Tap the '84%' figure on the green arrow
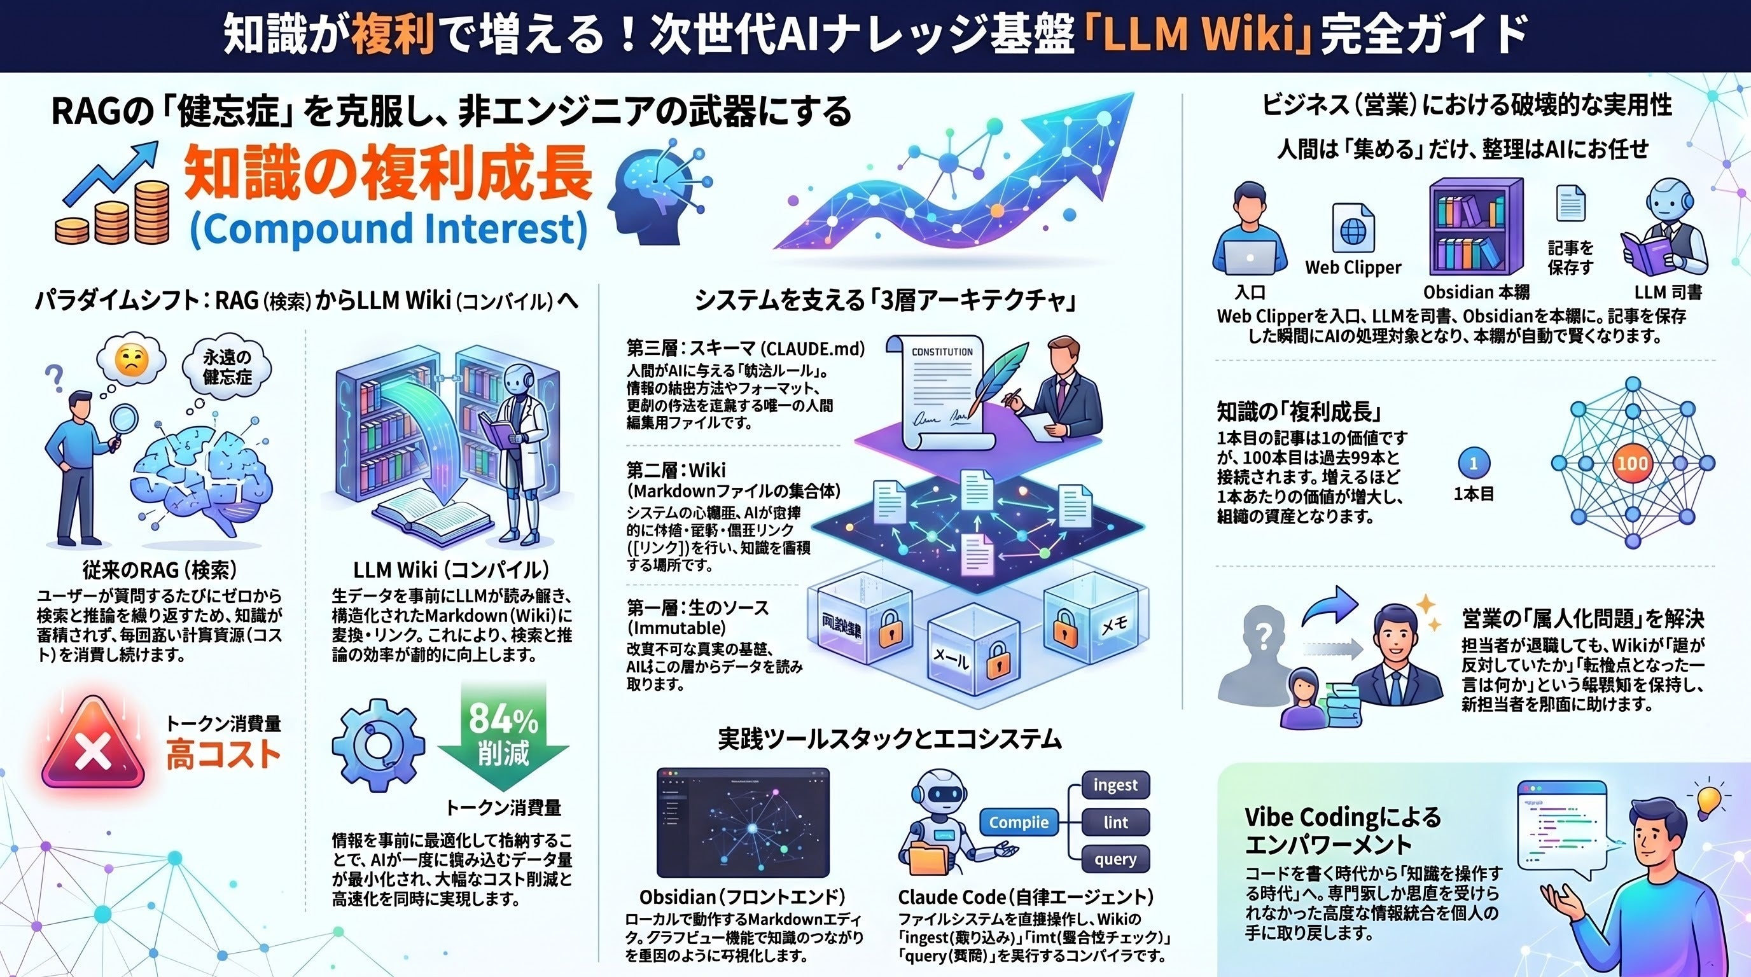click(503, 718)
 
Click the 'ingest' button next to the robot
click(1115, 786)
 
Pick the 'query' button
click(1115, 859)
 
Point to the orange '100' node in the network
click(1631, 463)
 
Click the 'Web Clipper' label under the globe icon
click(1353, 268)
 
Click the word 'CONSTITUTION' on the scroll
click(942, 352)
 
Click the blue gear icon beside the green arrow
click(378, 744)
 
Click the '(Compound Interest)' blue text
click(388, 229)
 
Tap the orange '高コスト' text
click(223, 754)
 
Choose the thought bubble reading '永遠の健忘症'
click(228, 367)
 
